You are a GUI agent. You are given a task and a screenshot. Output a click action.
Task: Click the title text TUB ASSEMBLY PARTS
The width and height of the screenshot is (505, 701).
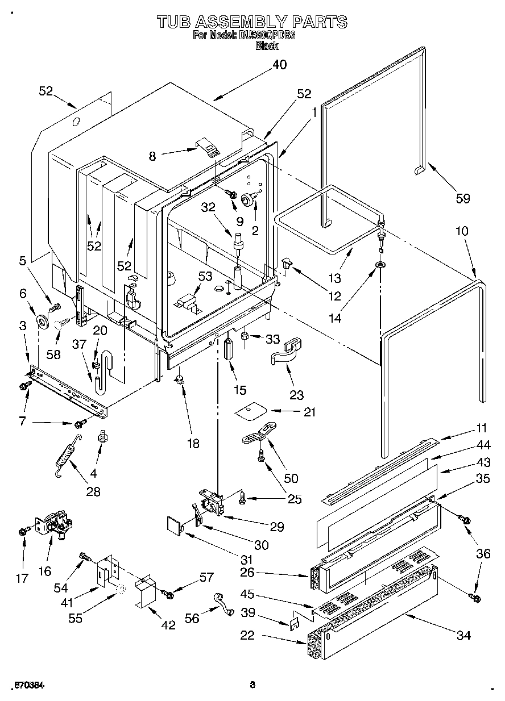[252, 22]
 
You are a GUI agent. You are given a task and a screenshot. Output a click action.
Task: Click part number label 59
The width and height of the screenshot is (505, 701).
[463, 198]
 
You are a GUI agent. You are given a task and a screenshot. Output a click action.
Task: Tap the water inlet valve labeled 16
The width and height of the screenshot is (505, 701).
[55, 526]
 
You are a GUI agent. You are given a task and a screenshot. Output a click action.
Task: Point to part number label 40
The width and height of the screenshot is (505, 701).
[279, 65]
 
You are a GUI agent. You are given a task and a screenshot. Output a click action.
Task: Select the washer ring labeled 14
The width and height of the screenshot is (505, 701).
[379, 265]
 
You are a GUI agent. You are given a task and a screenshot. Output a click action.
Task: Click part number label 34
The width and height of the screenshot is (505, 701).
[464, 635]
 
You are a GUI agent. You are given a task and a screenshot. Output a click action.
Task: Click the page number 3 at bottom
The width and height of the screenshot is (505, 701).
[252, 685]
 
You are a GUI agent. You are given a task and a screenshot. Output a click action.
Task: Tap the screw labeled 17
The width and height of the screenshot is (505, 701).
[23, 531]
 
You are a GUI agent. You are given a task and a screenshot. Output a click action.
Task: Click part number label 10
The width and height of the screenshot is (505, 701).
[462, 232]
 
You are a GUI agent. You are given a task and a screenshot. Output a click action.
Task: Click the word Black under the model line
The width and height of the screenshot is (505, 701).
[267, 46]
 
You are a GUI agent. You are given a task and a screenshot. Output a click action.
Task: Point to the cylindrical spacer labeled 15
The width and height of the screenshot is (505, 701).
[229, 348]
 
